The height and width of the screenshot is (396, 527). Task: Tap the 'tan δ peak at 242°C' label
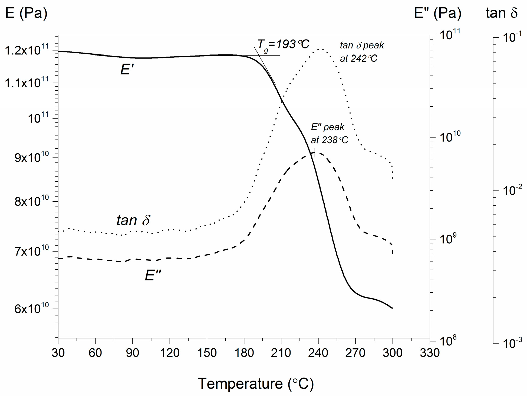tap(362, 52)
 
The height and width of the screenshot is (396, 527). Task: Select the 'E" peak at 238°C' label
tap(329, 133)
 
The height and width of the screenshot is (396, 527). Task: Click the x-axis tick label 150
tap(207, 353)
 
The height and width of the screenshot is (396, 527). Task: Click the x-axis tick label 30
tap(58, 353)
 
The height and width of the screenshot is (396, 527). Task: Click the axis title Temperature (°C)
tap(256, 384)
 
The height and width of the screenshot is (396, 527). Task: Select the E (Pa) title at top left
tap(26, 13)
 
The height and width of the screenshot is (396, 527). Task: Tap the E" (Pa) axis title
tap(437, 13)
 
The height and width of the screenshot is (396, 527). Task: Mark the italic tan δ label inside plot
tap(133, 220)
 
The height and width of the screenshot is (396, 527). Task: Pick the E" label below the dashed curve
tap(153, 276)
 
